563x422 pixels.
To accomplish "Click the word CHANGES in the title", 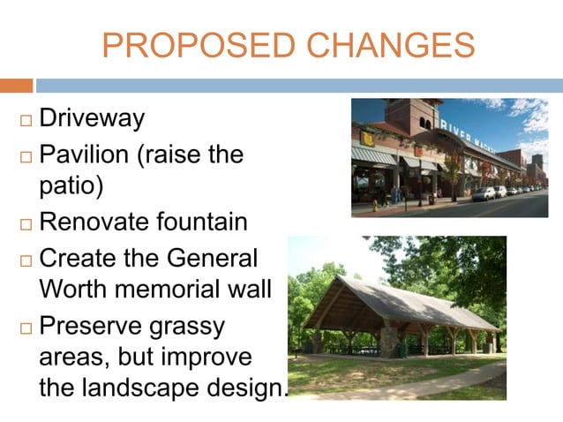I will (x=381, y=45).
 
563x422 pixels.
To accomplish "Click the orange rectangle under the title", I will (x=16, y=86).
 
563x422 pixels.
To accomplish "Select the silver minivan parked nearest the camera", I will (x=484, y=193).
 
